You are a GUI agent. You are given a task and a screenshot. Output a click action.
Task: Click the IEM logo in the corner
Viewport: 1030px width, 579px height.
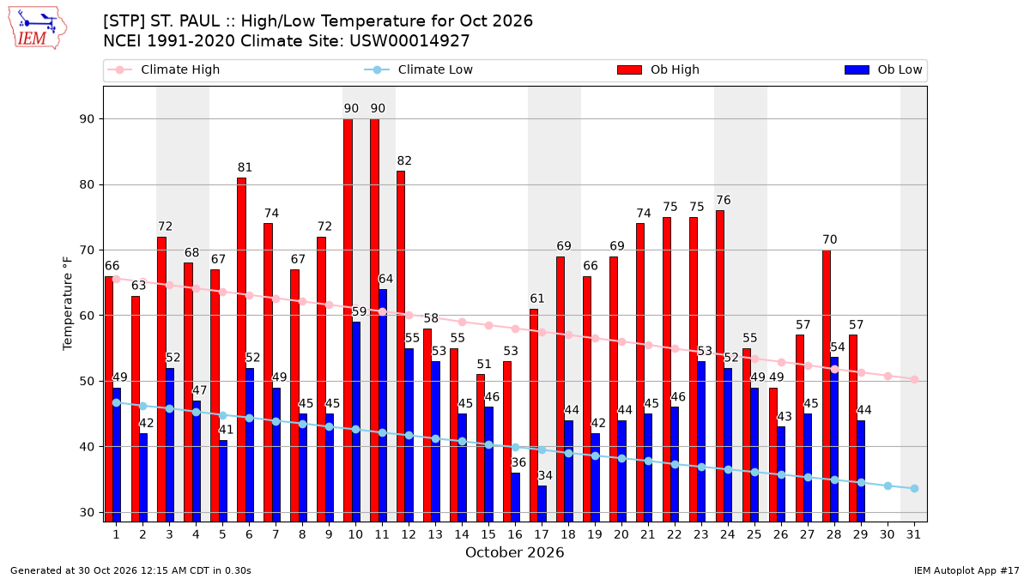pyautogui.click(x=38, y=27)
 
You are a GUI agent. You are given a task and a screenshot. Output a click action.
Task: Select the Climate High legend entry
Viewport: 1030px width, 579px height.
pyautogui.click(x=163, y=69)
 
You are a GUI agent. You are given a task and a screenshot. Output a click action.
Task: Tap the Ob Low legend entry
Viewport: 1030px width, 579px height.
pyautogui.click(x=883, y=69)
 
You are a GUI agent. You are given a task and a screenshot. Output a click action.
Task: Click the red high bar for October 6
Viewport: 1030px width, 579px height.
pyautogui.click(x=241, y=350)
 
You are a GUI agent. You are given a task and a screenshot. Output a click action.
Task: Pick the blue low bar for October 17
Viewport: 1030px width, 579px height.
pyautogui.click(x=542, y=504)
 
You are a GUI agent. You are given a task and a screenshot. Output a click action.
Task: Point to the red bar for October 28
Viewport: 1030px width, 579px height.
pyautogui.click(x=827, y=386)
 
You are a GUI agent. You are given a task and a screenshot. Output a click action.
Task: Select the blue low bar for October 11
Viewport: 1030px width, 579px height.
pyautogui.click(x=383, y=406)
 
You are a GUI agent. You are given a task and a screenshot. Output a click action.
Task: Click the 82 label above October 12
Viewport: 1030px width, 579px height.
pyautogui.click(x=404, y=161)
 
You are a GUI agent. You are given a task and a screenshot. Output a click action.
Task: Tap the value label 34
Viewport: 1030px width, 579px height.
pyautogui.click(x=545, y=475)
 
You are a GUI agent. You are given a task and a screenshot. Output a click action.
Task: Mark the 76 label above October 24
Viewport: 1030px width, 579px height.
pyautogui.click(x=724, y=201)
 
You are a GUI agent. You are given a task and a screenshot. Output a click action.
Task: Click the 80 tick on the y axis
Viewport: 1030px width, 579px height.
pyautogui.click(x=87, y=184)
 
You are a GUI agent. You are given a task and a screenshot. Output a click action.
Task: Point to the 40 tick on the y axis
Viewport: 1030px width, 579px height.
pyautogui.click(x=87, y=447)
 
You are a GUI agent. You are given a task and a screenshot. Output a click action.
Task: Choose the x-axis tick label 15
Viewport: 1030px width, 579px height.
pyautogui.click(x=488, y=534)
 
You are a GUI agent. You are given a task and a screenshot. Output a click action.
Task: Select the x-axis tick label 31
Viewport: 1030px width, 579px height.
pyautogui.click(x=913, y=534)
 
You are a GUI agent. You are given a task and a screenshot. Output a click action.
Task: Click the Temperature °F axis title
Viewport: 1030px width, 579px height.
pyautogui.click(x=68, y=304)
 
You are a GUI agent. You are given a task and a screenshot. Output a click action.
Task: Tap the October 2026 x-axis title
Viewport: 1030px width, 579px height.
pyautogui.click(x=514, y=552)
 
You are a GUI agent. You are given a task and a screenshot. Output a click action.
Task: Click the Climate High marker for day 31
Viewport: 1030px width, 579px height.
pyautogui.click(x=915, y=379)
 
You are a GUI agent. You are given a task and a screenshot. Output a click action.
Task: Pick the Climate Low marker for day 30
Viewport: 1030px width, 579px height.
pyautogui.click(x=888, y=486)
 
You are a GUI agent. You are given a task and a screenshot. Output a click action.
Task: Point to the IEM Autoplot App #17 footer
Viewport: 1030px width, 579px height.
pyautogui.click(x=966, y=570)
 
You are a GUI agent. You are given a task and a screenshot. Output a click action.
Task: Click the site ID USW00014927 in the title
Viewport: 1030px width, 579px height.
pyautogui.click(x=409, y=41)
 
